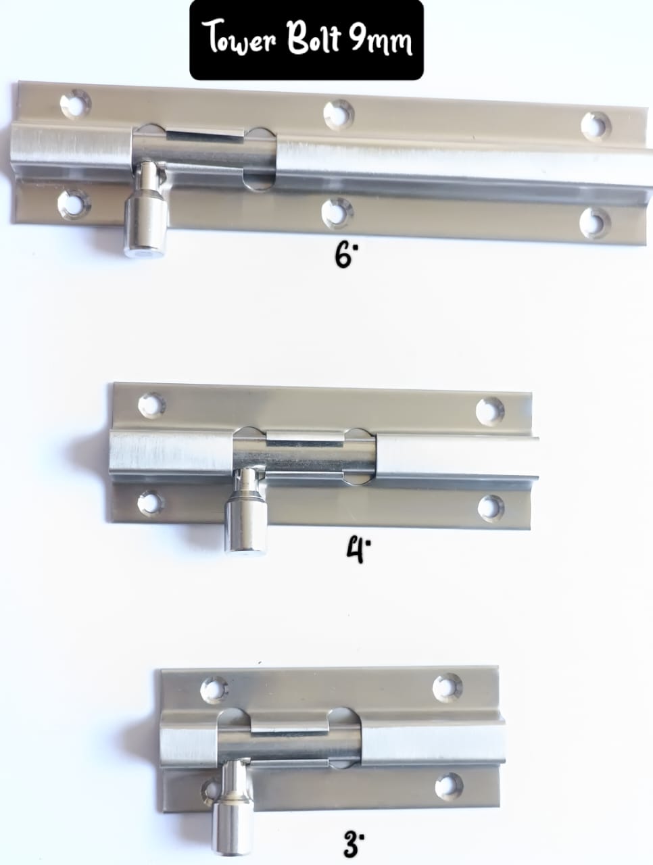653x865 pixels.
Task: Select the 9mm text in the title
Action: (381, 40)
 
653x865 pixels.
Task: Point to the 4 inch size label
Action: (358, 550)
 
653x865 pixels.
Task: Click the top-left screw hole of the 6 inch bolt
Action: (76, 103)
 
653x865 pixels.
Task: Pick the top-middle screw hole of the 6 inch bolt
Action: (338, 115)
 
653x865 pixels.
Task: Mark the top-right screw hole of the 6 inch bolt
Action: (596, 126)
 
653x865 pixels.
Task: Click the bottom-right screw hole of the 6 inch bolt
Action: (595, 222)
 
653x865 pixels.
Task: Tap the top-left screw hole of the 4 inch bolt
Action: (151, 404)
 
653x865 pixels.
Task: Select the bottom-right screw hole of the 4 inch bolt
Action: (491, 507)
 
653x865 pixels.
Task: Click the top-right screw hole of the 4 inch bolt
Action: (490, 410)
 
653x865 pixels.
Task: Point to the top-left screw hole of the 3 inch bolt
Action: (214, 690)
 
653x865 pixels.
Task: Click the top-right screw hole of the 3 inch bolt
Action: (448, 687)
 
